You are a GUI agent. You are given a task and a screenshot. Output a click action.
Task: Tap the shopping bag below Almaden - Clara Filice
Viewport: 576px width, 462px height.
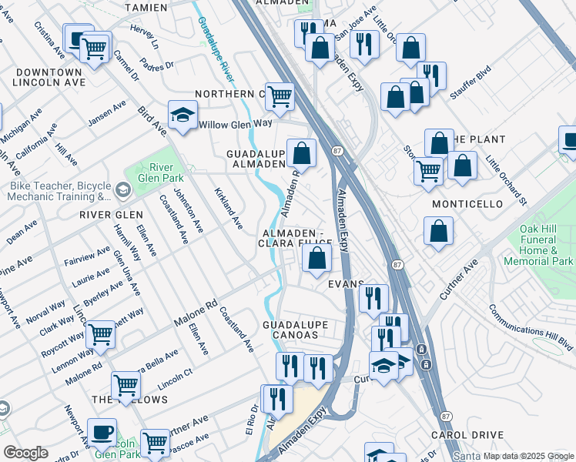click(x=316, y=258)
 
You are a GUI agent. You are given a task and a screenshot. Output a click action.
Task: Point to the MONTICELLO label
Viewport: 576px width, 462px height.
click(x=467, y=204)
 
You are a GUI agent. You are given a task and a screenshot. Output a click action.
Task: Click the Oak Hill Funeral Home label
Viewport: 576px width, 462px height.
click(x=538, y=246)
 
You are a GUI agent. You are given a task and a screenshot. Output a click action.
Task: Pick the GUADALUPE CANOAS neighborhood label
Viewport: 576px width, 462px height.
click(x=290, y=330)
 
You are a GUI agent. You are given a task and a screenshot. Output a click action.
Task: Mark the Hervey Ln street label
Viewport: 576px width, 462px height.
click(x=143, y=35)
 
